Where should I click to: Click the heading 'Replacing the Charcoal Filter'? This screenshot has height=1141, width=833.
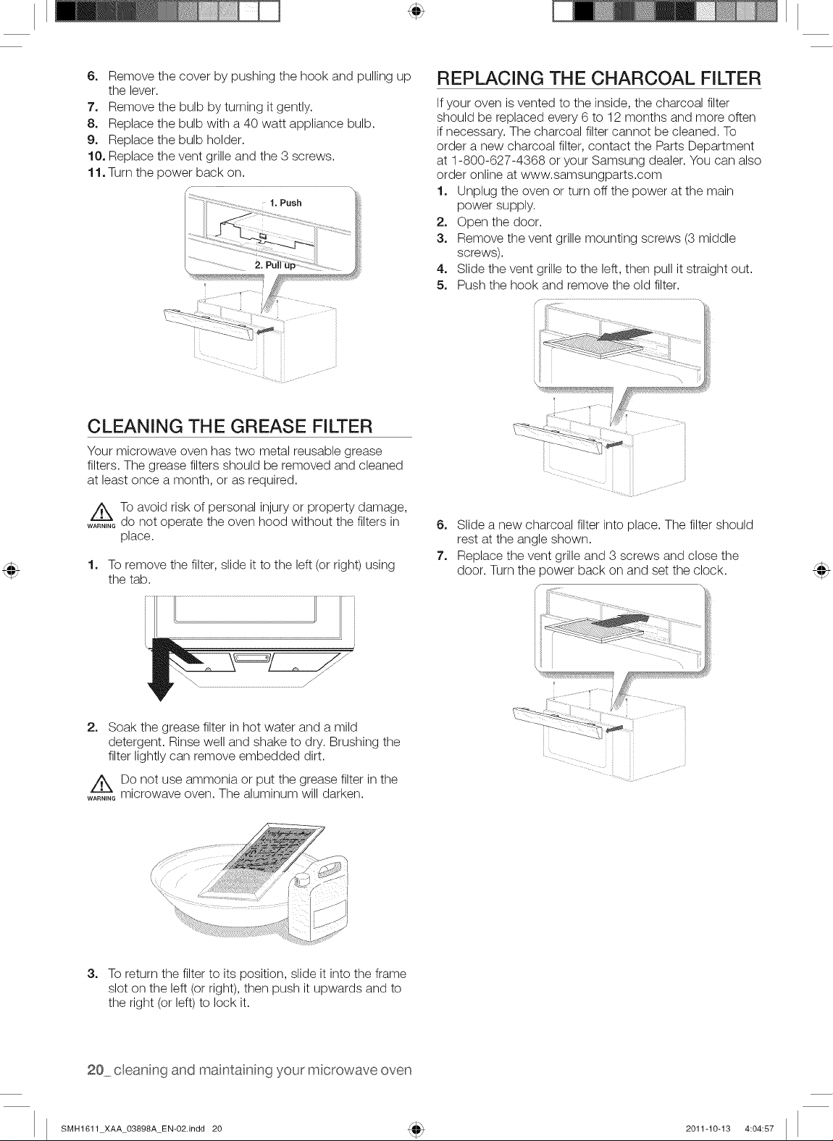click(599, 78)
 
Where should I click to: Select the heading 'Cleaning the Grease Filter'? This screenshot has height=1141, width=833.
click(230, 427)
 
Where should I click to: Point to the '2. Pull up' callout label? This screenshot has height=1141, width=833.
click(275, 265)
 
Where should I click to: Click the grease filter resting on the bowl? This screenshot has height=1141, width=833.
click(261, 864)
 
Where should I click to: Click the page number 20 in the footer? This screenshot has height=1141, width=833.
click(95, 1070)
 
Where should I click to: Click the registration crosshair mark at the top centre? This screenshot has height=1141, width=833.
click(416, 11)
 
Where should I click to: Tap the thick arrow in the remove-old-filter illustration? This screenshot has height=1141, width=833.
click(624, 337)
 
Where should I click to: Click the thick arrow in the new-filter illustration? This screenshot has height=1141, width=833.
click(621, 621)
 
